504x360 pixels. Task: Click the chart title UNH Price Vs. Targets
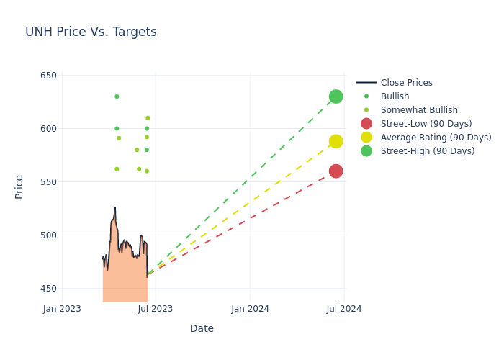pos(91,32)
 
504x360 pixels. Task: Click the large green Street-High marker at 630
pos(336,96)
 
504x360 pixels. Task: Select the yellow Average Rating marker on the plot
pos(336,141)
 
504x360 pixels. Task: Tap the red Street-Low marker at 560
pos(336,171)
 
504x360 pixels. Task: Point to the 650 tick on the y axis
pos(48,76)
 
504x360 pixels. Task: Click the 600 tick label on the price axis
pos(48,129)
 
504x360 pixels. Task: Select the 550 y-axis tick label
pos(48,182)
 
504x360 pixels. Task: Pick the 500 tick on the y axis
pos(48,235)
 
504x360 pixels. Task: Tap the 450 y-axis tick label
pos(48,289)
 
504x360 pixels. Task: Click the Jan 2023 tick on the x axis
pos(62,309)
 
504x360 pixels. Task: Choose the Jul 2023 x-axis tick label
pos(156,309)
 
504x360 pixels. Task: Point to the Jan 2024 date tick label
pos(251,309)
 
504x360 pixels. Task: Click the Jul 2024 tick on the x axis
pos(344,309)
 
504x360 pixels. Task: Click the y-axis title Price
pos(19,186)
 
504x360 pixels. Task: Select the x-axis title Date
pos(202,329)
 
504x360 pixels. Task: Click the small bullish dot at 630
pos(117,96)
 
